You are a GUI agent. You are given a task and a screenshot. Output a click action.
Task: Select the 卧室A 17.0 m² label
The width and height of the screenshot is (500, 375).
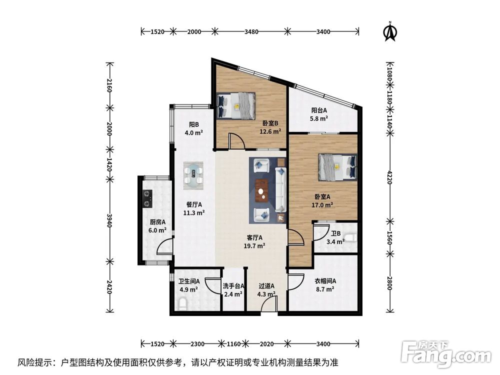[x=323, y=200]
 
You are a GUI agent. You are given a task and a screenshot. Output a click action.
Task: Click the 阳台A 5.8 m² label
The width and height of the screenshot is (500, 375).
[x=319, y=114]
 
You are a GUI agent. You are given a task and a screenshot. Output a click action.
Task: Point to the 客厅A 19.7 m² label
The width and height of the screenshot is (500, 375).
[x=254, y=241]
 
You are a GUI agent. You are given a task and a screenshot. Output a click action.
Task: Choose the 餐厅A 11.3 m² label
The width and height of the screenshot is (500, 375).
[x=193, y=208]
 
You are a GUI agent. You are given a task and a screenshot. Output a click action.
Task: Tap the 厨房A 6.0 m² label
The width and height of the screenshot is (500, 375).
[x=157, y=226]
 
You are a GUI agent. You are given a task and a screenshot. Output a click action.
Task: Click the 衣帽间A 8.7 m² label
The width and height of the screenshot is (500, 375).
[x=325, y=285]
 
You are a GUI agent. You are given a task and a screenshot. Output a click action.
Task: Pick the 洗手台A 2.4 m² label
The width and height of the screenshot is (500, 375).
[x=233, y=290]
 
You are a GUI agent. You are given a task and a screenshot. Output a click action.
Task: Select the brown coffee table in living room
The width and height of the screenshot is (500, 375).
[x=261, y=189]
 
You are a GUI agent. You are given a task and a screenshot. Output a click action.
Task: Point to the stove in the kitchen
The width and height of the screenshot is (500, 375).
[x=147, y=198]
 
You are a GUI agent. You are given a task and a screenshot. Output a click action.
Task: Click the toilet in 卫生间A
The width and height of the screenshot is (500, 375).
[x=181, y=304]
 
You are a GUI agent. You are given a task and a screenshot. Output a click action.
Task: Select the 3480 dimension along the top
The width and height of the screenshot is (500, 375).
[x=251, y=31]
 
